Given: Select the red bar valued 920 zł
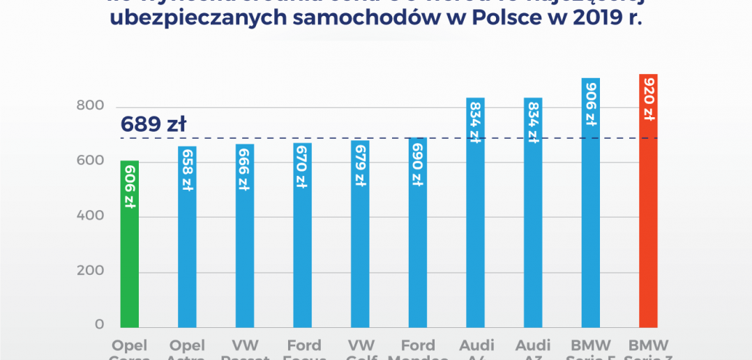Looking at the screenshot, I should pos(648,223).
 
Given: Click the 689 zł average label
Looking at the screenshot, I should pos(153,125).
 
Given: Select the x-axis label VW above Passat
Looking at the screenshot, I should pos(244,345).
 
